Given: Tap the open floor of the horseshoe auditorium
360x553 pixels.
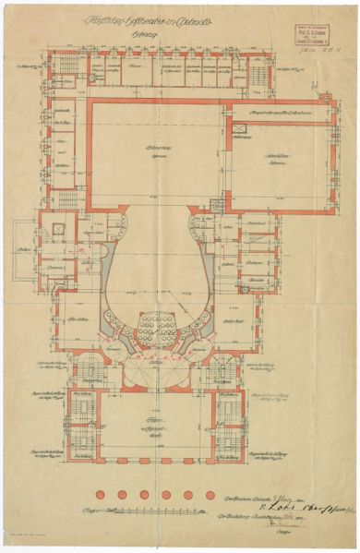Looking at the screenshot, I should (x=155, y=268).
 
